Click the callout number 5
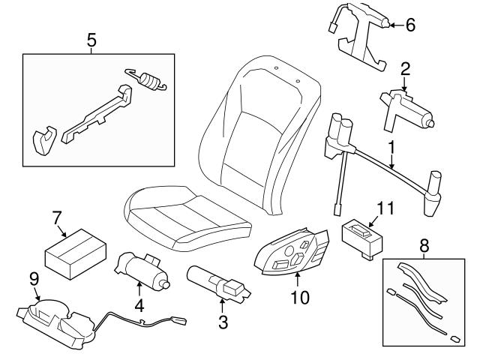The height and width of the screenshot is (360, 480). pos(91,40)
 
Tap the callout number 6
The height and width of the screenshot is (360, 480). pos(409,24)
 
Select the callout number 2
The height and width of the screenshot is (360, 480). pos(405,70)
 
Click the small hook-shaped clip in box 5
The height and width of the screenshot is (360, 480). pos(43,138)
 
